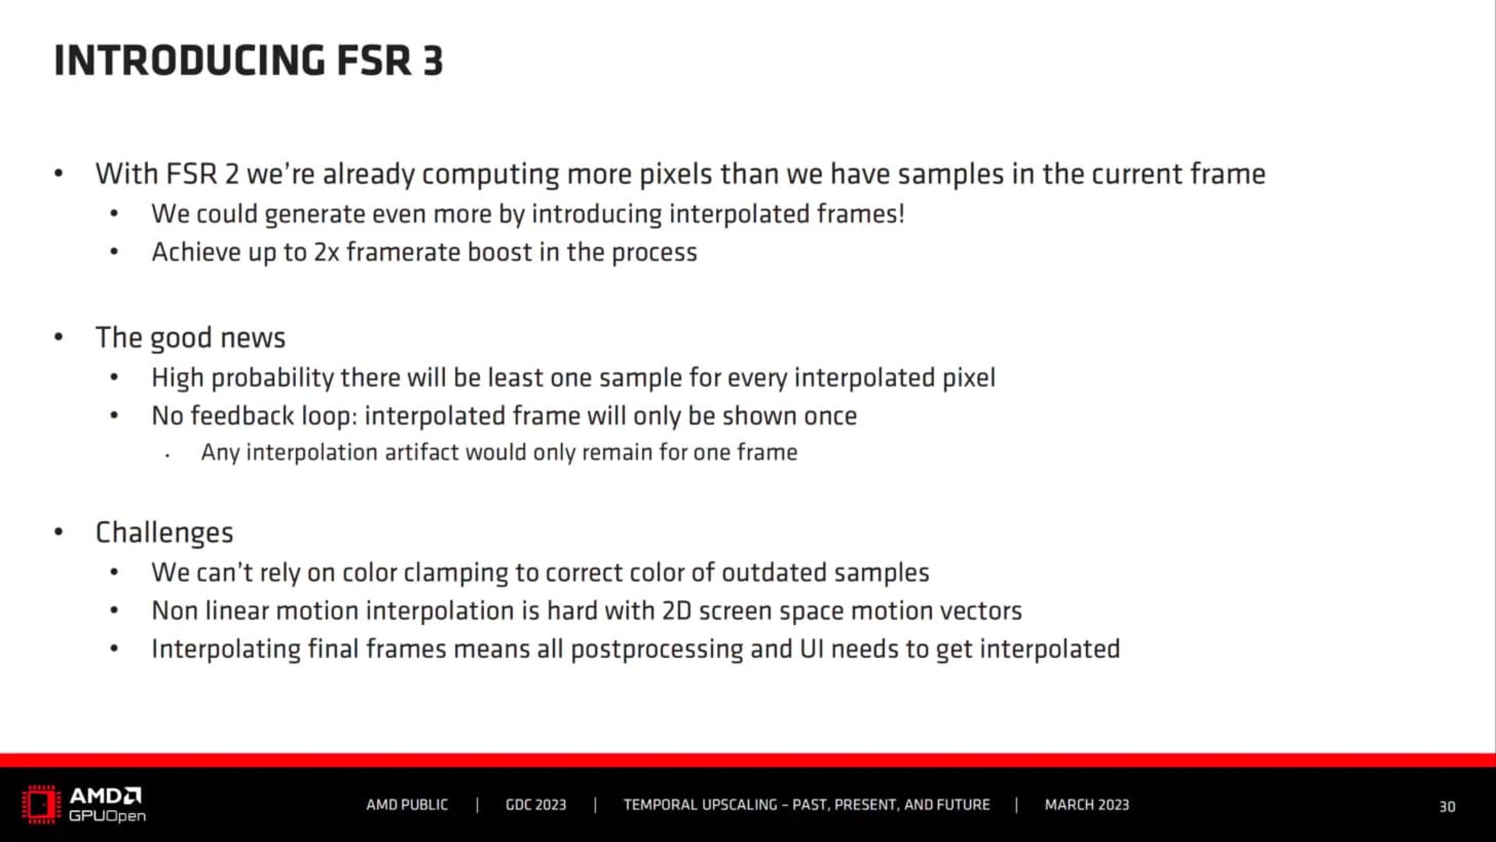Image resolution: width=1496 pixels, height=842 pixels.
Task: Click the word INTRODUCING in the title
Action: [x=189, y=61]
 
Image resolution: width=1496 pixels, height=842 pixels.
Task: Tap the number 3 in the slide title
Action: [x=433, y=61]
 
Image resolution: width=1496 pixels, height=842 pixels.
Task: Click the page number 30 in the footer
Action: [x=1447, y=807]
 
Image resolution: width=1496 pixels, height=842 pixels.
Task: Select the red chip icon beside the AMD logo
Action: [x=41, y=805]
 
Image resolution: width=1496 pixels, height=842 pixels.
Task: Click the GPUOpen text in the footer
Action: [x=108, y=816]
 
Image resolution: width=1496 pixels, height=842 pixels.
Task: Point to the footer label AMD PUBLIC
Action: [x=407, y=805]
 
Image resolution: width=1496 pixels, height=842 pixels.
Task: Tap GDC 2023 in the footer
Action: [x=536, y=805]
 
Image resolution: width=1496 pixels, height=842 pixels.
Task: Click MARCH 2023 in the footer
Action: [x=1087, y=805]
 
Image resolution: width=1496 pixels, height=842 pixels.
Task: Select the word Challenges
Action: [x=164, y=533]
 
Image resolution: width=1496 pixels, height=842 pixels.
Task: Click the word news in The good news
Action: [x=253, y=338]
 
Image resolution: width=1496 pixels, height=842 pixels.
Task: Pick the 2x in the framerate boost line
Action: [x=326, y=253]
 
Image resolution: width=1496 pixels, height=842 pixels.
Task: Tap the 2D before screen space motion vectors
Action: [x=676, y=610]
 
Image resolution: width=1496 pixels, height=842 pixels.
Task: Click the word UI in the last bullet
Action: [x=812, y=649]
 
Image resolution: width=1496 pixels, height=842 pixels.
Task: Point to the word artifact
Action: [x=422, y=452]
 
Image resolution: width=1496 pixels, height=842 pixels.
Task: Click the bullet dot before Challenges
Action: [x=58, y=532]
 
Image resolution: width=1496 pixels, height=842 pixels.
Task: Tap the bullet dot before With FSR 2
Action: [x=58, y=173]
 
